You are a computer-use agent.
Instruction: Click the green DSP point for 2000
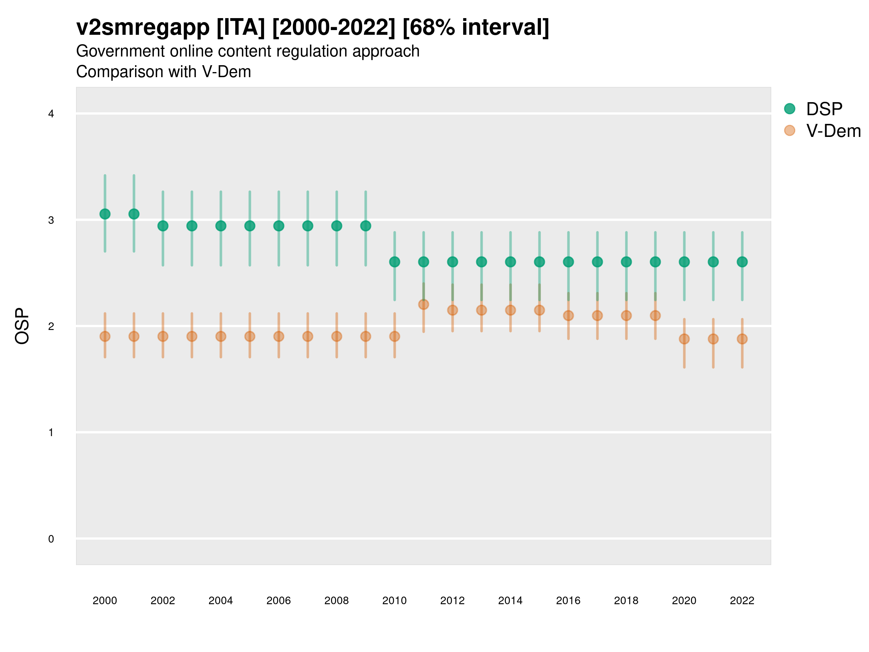point(105,214)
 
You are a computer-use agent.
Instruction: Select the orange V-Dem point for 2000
point(105,337)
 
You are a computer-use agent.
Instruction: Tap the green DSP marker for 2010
point(394,262)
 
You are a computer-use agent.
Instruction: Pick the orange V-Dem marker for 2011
point(424,305)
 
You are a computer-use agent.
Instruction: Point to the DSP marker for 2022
point(742,262)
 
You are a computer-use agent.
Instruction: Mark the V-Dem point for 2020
point(684,339)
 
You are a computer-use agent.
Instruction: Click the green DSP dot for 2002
point(163,226)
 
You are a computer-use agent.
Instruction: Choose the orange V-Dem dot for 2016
point(568,315)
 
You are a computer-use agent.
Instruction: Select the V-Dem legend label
point(833,131)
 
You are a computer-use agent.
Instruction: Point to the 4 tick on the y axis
point(51,114)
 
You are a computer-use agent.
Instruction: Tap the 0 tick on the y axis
point(51,539)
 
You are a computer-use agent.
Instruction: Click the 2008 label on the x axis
point(336,601)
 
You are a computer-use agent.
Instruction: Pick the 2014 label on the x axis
point(510,601)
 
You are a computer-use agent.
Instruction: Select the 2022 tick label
point(742,601)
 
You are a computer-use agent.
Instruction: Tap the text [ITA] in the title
point(241,28)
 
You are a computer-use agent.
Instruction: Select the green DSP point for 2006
point(278,226)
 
